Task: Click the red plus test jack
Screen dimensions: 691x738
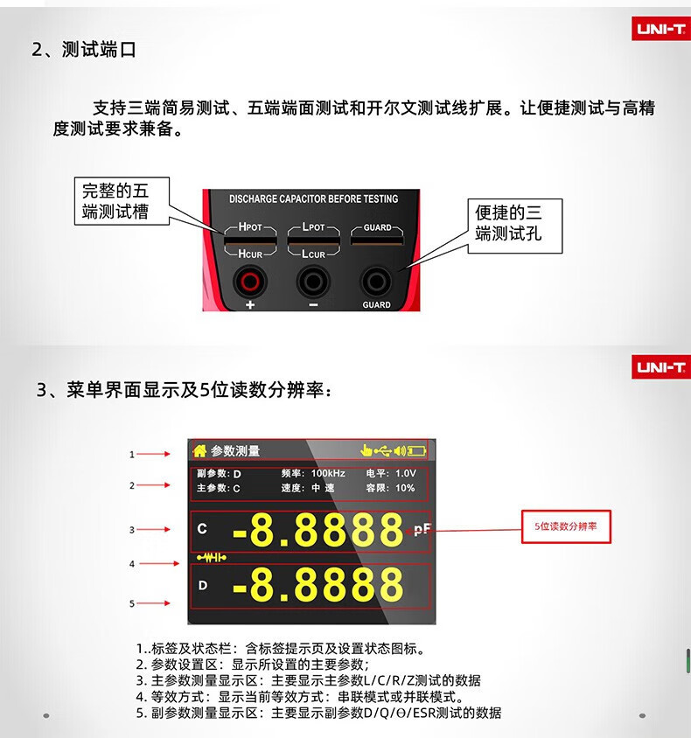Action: coord(250,282)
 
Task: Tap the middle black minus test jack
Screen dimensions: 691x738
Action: coord(313,282)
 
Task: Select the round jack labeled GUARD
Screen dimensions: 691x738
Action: coord(376,282)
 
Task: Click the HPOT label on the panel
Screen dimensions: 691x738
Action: coord(250,226)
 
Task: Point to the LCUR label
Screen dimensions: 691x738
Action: coord(313,254)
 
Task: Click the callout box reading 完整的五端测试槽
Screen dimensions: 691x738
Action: coord(122,201)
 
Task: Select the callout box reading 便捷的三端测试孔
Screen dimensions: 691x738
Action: coord(515,226)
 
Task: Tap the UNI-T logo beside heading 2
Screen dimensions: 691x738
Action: coord(661,29)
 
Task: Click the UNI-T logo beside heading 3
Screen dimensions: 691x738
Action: coord(661,366)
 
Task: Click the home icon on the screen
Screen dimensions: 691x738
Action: coord(199,451)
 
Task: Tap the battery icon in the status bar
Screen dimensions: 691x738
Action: coord(416,451)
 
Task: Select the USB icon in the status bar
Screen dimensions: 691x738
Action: coord(383,451)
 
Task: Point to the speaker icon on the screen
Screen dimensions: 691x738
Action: coord(400,451)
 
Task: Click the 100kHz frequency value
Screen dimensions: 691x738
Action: coord(328,473)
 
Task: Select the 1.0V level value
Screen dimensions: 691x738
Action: coord(406,473)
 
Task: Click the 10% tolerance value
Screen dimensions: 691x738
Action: coord(405,488)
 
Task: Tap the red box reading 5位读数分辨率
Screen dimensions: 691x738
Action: coord(566,526)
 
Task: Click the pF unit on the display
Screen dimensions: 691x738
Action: coord(422,530)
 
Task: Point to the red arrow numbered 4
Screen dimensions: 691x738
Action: coord(159,563)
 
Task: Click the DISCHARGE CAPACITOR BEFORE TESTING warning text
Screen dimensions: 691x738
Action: coord(313,199)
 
